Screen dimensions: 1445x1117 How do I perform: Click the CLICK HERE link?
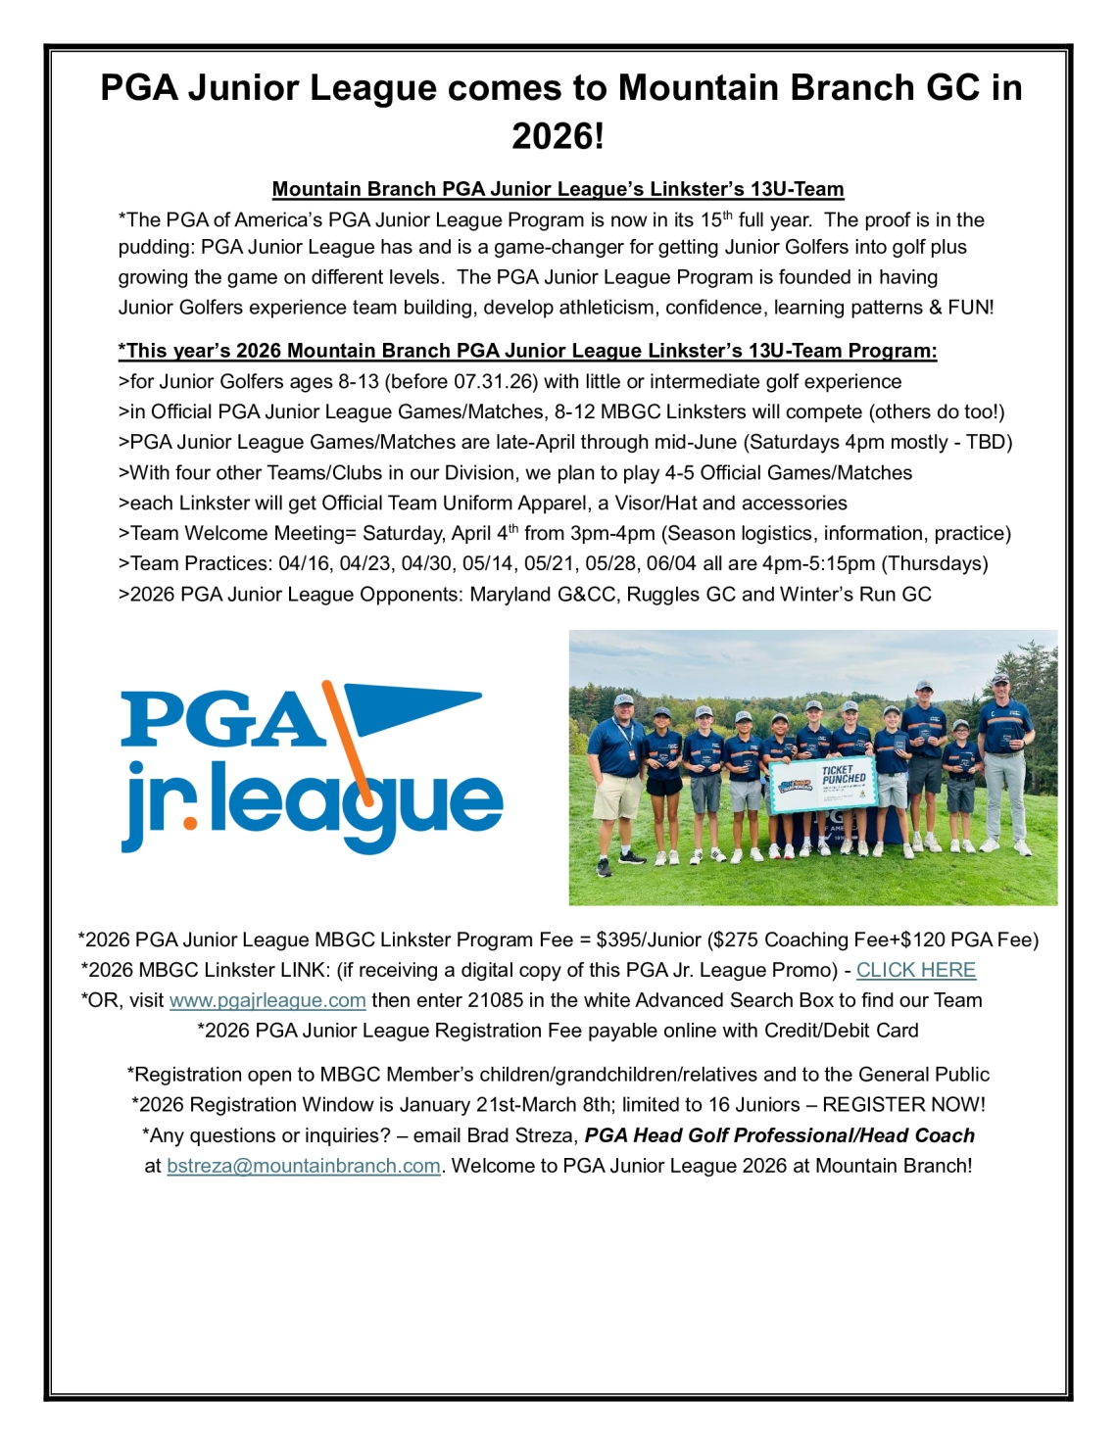tap(915, 970)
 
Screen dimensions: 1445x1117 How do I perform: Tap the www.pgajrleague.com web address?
tap(267, 1000)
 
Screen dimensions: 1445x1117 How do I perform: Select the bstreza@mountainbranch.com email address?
tap(304, 1166)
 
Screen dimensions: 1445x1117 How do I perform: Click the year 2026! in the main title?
tap(558, 135)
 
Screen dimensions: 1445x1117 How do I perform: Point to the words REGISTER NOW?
tap(903, 1104)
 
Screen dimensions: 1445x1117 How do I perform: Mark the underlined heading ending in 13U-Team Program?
tap(527, 351)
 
